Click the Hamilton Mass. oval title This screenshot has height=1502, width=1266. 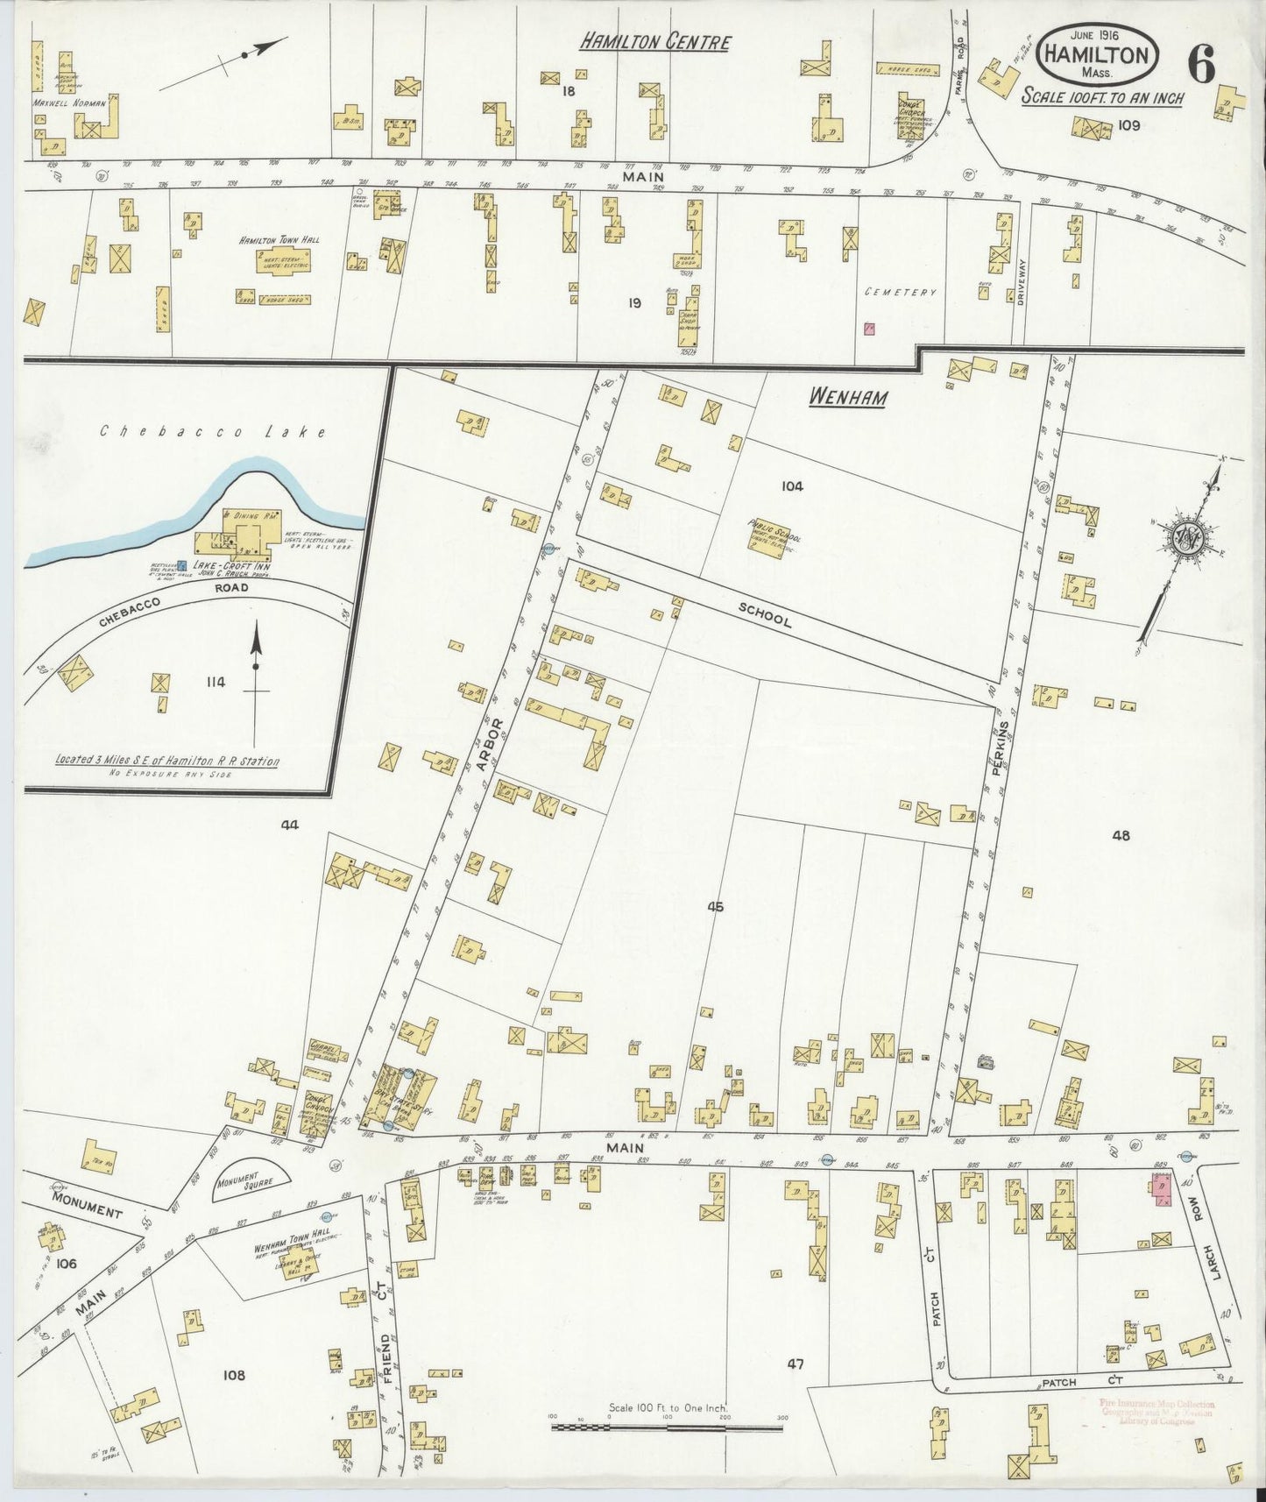point(1097,55)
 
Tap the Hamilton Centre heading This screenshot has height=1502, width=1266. point(654,41)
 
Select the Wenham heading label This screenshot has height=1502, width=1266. point(846,397)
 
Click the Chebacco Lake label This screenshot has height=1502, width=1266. point(213,431)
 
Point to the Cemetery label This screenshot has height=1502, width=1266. point(900,293)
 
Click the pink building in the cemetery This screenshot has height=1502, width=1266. point(869,329)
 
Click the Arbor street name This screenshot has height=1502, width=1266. point(492,744)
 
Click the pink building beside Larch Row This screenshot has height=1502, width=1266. point(1163,1190)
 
